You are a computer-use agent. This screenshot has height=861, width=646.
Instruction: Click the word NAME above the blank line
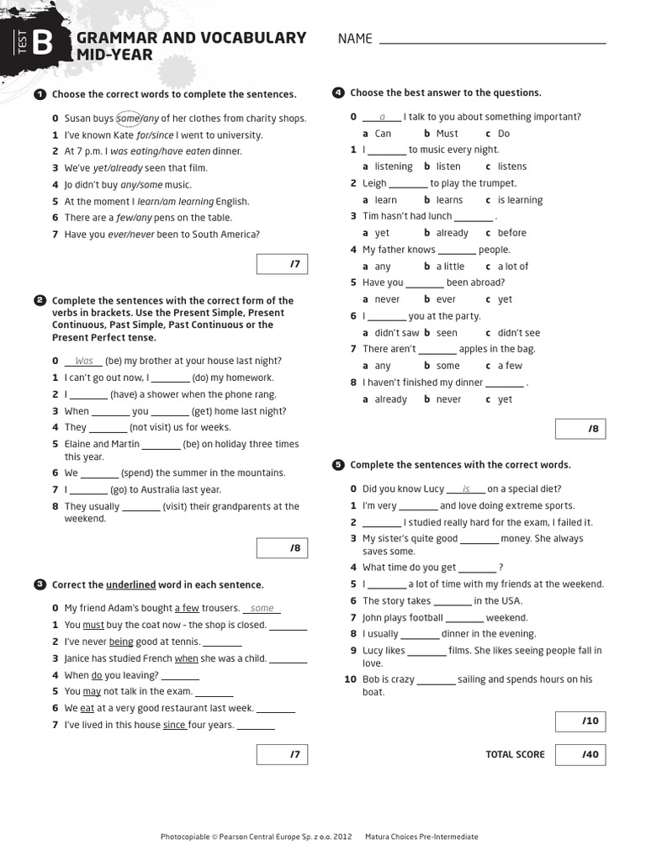tap(355, 39)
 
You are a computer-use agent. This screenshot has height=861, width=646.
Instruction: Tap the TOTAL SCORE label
tap(515, 754)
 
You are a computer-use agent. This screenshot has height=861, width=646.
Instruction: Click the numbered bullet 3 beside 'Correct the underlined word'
tap(40, 584)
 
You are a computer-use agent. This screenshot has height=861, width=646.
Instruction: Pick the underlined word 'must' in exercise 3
tap(93, 625)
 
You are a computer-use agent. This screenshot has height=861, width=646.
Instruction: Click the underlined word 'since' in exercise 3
tap(174, 725)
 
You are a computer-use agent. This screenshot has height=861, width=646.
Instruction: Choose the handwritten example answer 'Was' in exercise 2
tap(84, 361)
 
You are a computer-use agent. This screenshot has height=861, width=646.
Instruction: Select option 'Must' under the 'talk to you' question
tap(447, 134)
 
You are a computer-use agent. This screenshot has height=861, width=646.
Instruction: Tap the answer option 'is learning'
tap(520, 200)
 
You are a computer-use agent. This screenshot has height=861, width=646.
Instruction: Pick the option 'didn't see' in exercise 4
tap(518, 333)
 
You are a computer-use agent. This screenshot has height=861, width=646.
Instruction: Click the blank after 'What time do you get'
tap(478, 568)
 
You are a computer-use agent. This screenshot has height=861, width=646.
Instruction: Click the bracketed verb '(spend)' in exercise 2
tap(139, 473)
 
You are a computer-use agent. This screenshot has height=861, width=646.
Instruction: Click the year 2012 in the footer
tap(342, 837)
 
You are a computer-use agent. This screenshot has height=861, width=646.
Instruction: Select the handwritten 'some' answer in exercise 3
tap(262, 608)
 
